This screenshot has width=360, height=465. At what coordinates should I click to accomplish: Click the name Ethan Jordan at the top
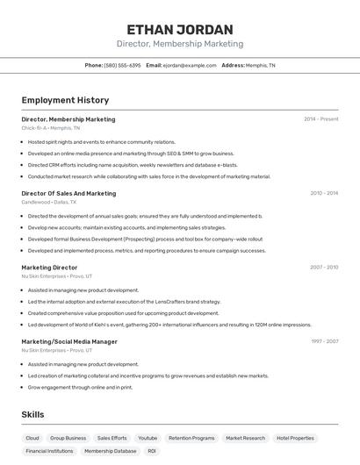click(180, 29)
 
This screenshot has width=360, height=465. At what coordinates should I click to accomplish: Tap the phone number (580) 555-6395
click(122, 65)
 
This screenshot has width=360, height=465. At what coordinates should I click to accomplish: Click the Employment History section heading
click(65, 100)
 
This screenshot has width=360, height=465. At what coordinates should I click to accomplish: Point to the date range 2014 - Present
click(320, 119)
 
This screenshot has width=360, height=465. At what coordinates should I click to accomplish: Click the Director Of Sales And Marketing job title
click(68, 193)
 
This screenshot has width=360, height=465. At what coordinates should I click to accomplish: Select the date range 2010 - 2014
click(323, 193)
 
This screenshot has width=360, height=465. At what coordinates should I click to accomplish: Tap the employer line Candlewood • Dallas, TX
click(49, 202)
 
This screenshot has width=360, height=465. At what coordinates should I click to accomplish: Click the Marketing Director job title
click(49, 268)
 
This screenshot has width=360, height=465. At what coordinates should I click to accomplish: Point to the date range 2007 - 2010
click(323, 268)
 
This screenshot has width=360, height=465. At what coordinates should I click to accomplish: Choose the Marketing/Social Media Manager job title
click(69, 341)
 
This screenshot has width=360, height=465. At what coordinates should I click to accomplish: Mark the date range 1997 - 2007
click(323, 341)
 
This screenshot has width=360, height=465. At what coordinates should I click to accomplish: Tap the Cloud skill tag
click(32, 438)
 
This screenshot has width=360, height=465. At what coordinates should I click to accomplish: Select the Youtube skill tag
click(148, 438)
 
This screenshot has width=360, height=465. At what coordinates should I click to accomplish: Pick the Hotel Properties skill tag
click(295, 438)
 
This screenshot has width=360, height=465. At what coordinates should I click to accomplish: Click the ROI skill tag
click(152, 451)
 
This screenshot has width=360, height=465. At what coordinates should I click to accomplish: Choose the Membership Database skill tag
click(110, 451)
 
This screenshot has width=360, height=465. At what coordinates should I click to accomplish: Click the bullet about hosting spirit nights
click(101, 141)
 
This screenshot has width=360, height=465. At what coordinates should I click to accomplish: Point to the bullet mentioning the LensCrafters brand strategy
click(124, 301)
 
